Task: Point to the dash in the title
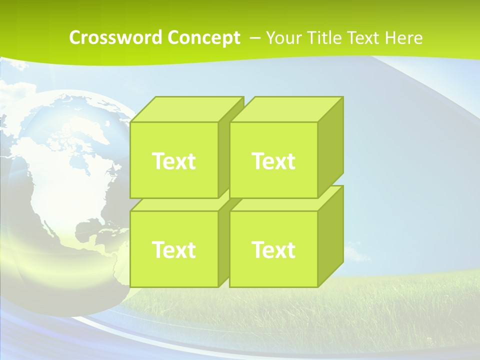click(254, 37)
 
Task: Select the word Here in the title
click(404, 37)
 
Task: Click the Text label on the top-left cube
click(173, 161)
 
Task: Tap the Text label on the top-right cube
click(273, 161)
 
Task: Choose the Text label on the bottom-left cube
click(173, 249)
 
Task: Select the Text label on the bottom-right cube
click(273, 249)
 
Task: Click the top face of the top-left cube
click(185, 109)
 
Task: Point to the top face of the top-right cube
click(286, 109)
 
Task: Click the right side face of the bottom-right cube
click(331, 235)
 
